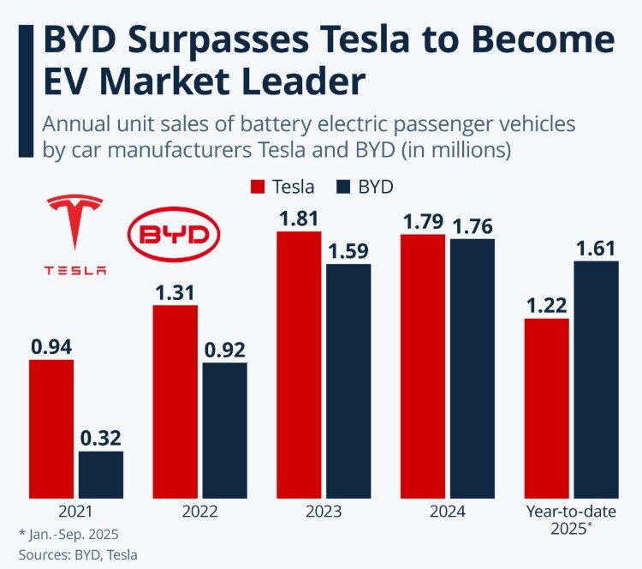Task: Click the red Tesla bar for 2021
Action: click(x=51, y=428)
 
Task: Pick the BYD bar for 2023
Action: click(x=348, y=380)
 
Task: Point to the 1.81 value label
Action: click(x=299, y=218)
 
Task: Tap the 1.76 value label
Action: click(x=473, y=225)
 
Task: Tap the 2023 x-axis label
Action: click(x=324, y=512)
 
